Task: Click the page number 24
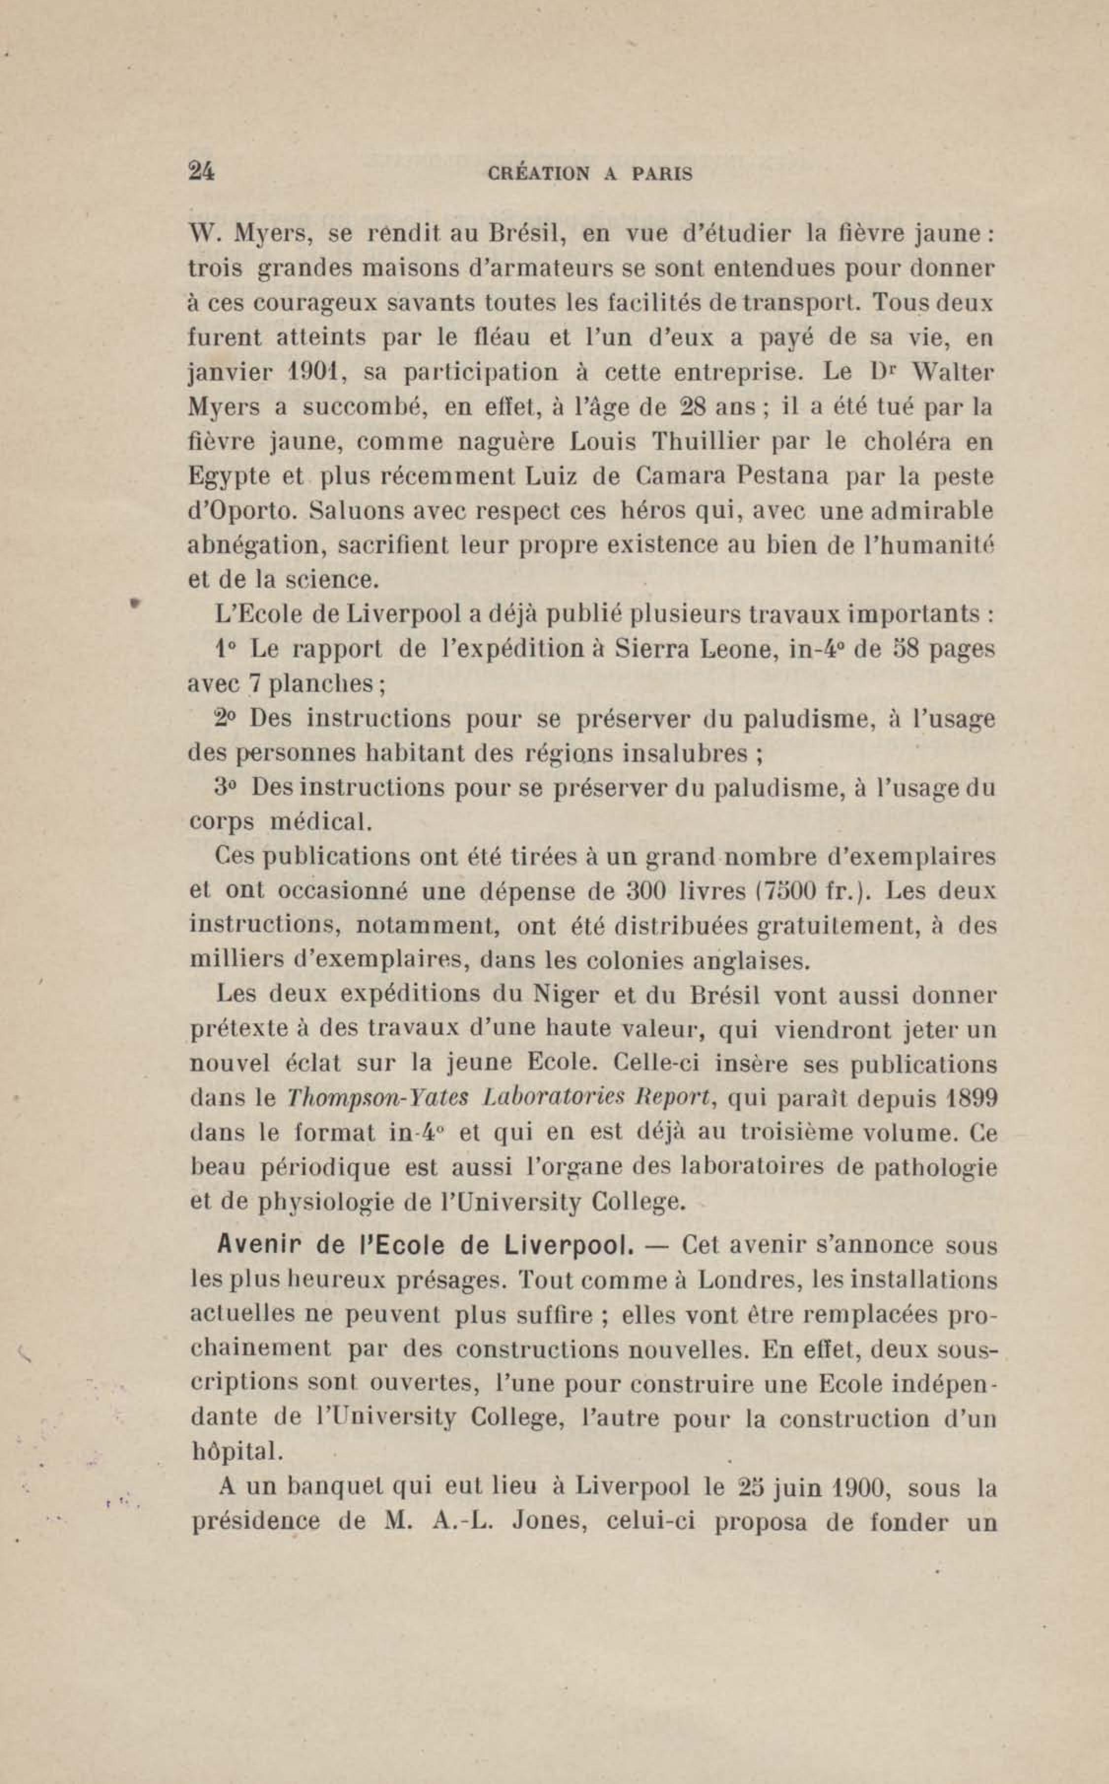(201, 171)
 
